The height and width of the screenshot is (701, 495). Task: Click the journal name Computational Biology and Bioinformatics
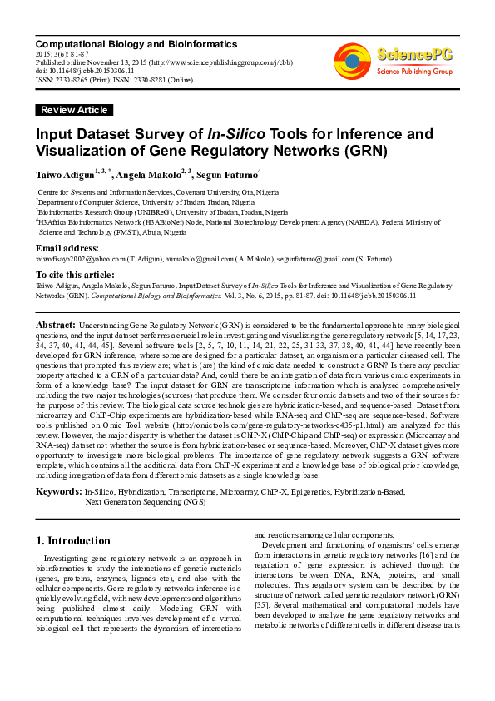click(136, 44)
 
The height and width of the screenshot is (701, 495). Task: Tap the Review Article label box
click(74, 110)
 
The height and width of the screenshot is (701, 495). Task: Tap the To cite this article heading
click(75, 274)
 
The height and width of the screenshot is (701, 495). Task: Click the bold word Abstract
click(56, 324)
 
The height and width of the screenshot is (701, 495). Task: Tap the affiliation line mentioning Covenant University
click(158, 191)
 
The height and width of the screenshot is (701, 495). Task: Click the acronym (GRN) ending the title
click(341, 152)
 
